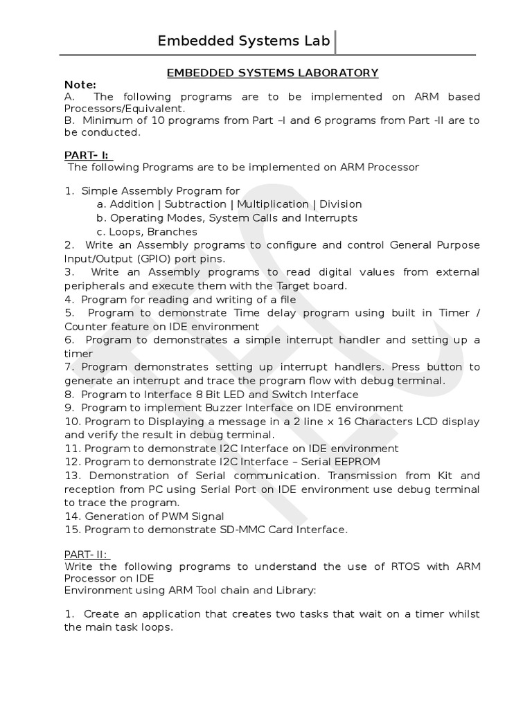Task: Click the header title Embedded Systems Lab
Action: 244,41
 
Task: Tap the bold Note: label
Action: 79,84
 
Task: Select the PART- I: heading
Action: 88,156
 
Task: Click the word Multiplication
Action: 273,204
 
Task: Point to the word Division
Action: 340,204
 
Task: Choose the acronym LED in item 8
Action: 238,395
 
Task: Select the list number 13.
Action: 72,476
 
